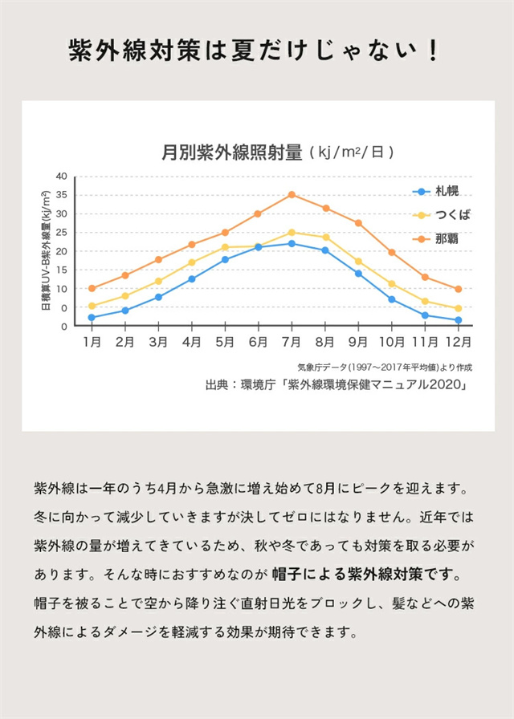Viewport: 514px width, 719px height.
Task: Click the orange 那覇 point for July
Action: pos(292,194)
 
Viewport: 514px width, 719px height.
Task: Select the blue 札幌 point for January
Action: pos(92,318)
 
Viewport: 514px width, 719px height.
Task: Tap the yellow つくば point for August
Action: pos(325,238)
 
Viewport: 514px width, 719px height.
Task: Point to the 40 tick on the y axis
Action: pos(62,176)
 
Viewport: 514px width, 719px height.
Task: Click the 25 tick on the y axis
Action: pos(62,232)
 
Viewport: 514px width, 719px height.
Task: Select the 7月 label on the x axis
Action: pos(292,342)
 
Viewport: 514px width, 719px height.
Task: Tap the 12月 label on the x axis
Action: pos(457,342)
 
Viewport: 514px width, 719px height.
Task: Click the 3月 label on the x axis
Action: pos(158,342)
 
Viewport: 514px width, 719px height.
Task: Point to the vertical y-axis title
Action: pos(46,250)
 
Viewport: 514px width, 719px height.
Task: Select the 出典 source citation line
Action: pos(337,385)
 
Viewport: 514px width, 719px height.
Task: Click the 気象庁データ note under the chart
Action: pos(385,367)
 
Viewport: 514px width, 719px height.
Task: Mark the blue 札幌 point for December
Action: pos(458,320)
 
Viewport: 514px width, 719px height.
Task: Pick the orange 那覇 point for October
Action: pos(392,252)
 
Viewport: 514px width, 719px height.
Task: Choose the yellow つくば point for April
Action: pos(191,262)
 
